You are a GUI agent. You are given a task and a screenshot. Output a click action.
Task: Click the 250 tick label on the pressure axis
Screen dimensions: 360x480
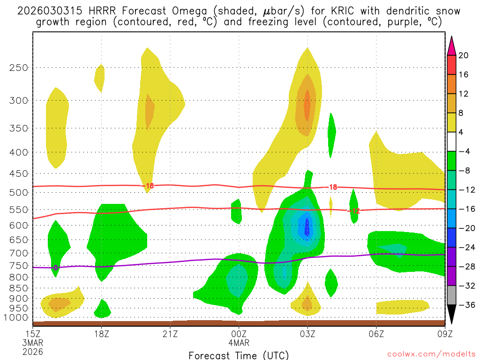coord(18,67)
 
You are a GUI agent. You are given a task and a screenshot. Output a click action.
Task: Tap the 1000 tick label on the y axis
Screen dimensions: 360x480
coord(16,318)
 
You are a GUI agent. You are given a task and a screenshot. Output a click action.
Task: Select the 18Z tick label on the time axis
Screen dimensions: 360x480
coord(102,335)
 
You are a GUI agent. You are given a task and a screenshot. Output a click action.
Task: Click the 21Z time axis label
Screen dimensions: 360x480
coord(170,335)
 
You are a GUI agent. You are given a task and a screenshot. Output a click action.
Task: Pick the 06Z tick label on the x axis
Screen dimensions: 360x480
coord(376,335)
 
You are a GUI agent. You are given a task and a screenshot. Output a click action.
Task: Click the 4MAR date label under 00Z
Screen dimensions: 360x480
coord(239,343)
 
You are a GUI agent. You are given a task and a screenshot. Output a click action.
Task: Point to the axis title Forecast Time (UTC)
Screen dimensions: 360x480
coord(239,355)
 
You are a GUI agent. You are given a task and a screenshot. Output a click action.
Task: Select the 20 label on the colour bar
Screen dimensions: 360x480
coord(464,55)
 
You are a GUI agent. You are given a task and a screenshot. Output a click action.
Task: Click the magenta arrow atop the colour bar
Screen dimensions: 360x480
coord(451,45)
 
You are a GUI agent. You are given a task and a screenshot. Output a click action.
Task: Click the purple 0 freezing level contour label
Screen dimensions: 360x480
coord(55,268)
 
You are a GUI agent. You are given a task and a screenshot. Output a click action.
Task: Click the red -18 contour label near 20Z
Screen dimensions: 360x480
coord(149,186)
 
